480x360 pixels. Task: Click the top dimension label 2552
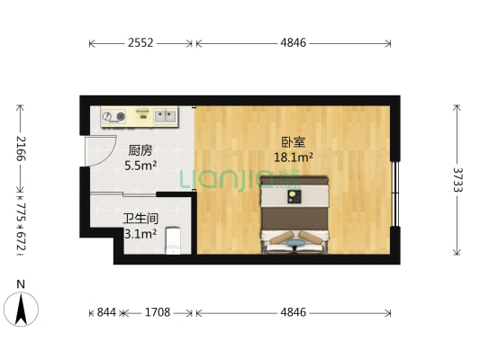tap(140, 41)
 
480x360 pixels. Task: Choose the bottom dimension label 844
tap(106, 312)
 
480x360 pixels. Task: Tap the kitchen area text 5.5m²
tap(140, 166)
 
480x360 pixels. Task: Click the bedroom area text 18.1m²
tap(294, 157)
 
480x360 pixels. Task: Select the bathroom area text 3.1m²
tap(140, 233)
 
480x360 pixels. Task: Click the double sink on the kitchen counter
tap(164, 115)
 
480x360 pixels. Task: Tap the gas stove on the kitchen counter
tap(114, 115)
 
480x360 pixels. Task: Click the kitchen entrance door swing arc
tap(95, 148)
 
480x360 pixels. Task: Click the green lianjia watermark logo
tap(221, 180)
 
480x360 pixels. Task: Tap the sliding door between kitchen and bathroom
tap(140, 193)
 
